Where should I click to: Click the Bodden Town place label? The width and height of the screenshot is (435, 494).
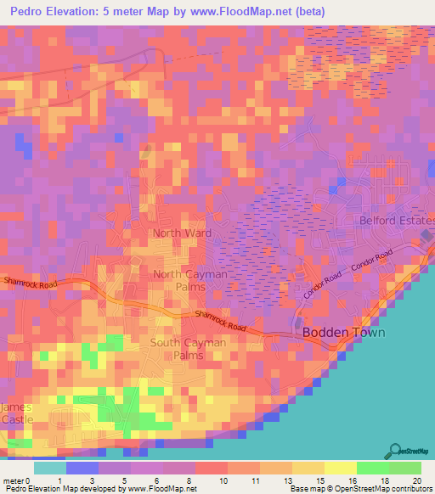point(344,332)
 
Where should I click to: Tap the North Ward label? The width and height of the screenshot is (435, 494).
point(182,232)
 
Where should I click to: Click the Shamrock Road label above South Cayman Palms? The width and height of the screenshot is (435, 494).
point(220,320)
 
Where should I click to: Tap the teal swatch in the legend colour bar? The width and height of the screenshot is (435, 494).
point(50,468)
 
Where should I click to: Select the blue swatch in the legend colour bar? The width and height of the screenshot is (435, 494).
point(82,468)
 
